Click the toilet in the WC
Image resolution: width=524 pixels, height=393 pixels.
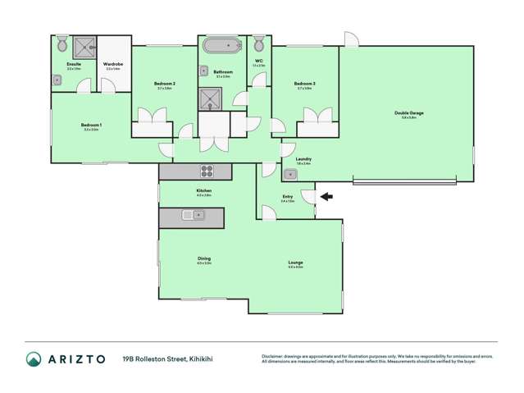pyautogui.click(x=258, y=42)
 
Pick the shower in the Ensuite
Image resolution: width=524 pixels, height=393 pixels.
pyautogui.click(x=84, y=46)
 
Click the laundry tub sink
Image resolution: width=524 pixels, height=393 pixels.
pyautogui.click(x=289, y=175)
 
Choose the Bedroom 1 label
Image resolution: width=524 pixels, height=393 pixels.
pyautogui.click(x=90, y=125)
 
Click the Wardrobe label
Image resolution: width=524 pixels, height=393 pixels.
pyautogui.click(x=113, y=64)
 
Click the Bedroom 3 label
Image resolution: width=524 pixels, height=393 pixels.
pyautogui.click(x=304, y=83)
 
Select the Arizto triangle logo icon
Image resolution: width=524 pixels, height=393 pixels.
pyautogui.click(x=34, y=359)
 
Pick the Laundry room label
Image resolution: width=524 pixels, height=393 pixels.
pyautogui.click(x=303, y=159)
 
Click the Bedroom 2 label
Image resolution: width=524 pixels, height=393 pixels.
pyautogui.click(x=163, y=83)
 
